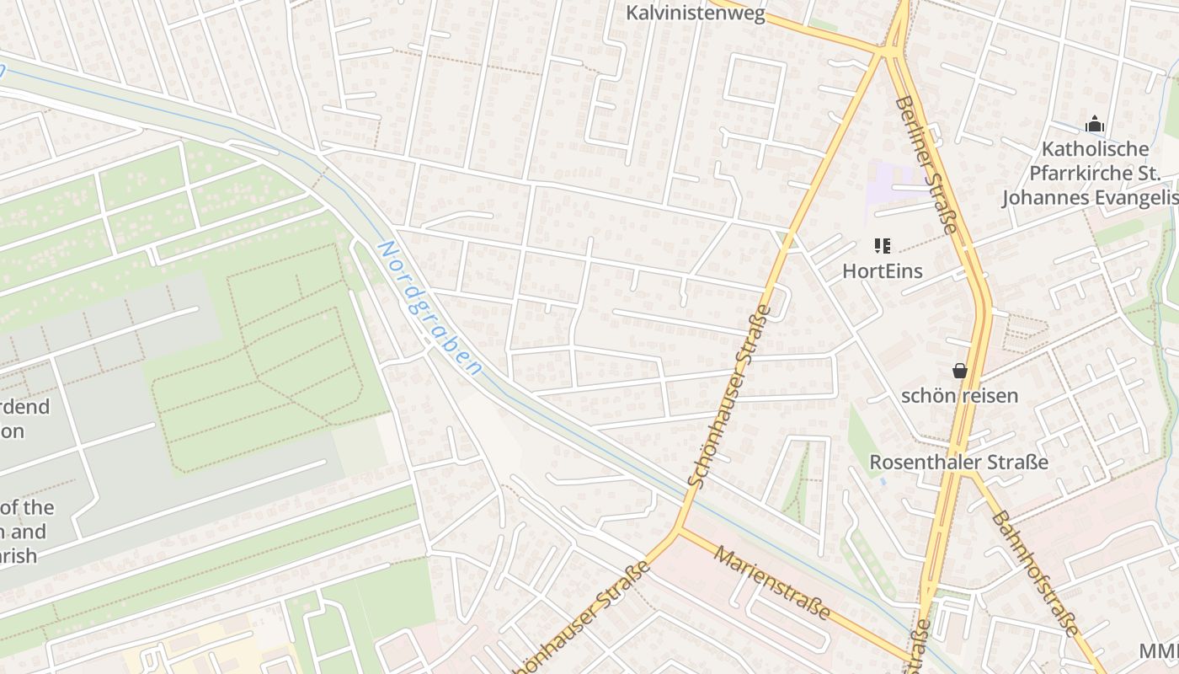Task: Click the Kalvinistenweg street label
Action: [x=696, y=13]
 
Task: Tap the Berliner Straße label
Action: [x=926, y=164]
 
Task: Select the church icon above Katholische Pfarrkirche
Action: [x=1094, y=125]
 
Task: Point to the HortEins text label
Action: [x=882, y=271]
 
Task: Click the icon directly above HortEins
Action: [x=882, y=246]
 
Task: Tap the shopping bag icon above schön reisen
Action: [x=959, y=371]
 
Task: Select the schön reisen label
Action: [x=959, y=395]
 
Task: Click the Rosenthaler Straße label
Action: [x=958, y=463]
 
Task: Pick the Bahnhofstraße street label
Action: [x=1034, y=573]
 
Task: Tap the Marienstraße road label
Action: [x=772, y=582]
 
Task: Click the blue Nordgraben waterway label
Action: [x=429, y=308]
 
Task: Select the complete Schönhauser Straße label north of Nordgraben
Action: [x=729, y=396]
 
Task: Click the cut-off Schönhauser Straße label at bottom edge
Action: [x=581, y=619]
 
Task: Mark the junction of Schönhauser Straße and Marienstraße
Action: [x=678, y=531]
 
